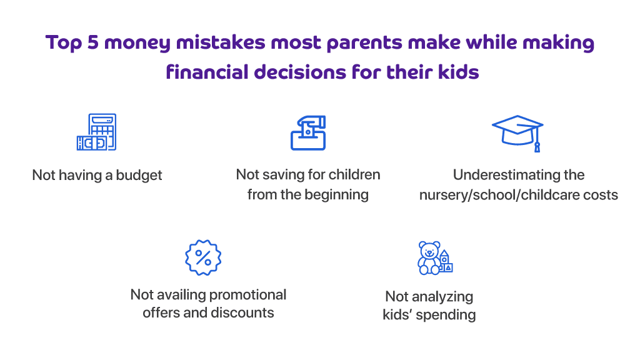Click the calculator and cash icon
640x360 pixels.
[96, 132]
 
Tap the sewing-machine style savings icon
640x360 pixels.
[308, 132]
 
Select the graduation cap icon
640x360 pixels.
[517, 133]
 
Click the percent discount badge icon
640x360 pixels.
[203, 257]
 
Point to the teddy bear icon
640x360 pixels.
[429, 258]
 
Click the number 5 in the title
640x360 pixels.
[92, 42]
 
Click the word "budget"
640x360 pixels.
[139, 176]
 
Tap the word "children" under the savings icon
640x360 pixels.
[354, 175]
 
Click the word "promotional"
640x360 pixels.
[247, 295]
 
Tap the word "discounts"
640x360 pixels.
[242, 312]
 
